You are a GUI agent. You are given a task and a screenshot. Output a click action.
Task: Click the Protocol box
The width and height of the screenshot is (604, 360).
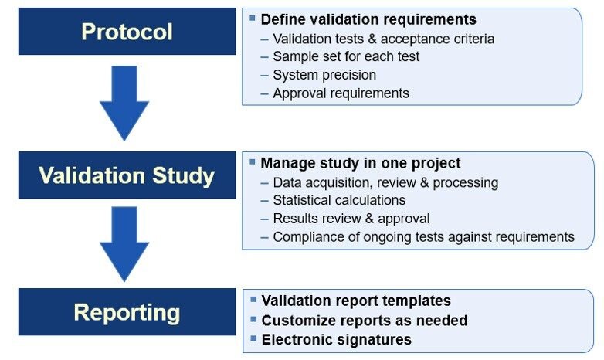click(127, 31)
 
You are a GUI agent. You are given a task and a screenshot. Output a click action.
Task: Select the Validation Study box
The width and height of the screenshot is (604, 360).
click(127, 175)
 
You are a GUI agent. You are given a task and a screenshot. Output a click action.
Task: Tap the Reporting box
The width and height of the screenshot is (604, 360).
click(127, 312)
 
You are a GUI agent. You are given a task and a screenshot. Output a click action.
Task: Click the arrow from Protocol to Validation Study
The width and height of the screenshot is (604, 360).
click(124, 103)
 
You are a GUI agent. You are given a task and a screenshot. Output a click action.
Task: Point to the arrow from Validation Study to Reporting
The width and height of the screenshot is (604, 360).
click(124, 244)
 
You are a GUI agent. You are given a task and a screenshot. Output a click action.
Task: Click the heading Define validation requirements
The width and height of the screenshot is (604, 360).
click(368, 19)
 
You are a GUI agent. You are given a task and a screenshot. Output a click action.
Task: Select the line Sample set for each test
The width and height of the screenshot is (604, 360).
click(346, 56)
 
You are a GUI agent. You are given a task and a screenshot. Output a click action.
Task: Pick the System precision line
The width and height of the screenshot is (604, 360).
click(324, 75)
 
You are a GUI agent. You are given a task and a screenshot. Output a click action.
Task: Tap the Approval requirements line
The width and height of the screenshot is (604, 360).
click(341, 93)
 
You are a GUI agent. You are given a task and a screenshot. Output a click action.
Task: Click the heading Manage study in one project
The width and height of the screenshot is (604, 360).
click(361, 163)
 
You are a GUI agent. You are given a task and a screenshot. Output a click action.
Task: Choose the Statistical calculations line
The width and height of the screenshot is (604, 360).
click(339, 200)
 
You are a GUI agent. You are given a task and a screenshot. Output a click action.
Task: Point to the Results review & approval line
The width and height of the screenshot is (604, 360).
click(351, 219)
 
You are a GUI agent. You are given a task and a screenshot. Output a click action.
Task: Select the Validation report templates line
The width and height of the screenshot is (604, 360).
click(356, 301)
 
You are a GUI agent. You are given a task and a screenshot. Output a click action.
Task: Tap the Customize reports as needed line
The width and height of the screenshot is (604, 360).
click(365, 321)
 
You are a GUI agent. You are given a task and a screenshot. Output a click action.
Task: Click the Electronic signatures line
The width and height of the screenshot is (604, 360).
click(336, 340)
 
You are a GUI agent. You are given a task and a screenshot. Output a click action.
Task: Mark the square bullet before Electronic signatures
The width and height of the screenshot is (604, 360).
click(253, 338)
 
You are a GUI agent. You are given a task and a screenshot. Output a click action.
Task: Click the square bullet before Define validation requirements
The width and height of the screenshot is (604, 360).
click(253, 18)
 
